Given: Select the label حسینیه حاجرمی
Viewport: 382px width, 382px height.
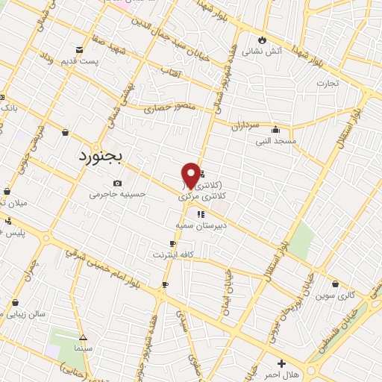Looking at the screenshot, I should coord(117,194).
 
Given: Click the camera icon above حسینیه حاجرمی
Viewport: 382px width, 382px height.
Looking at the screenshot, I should coord(117,184).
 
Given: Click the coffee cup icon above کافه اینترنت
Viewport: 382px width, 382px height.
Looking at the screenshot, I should coord(173,244).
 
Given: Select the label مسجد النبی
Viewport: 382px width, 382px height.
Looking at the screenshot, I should coord(276,140).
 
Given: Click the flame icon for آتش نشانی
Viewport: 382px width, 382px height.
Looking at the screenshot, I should coord(262,40).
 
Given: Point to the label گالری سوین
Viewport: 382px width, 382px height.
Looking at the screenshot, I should coord(331,295).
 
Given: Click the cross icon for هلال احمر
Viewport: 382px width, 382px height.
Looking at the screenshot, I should coord(281,363).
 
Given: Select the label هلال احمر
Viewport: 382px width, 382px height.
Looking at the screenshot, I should coord(281,374).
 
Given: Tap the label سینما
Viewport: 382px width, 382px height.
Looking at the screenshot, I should coord(83,348).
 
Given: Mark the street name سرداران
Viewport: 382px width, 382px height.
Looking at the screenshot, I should coord(244,126).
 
